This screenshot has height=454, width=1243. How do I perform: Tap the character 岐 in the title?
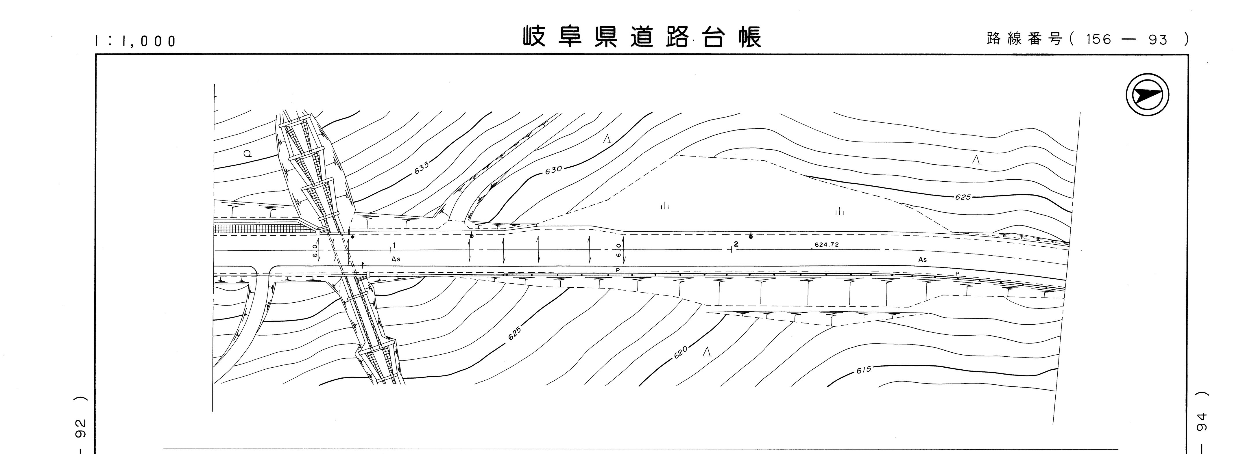point(535,37)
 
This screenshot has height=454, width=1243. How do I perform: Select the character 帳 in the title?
point(750,37)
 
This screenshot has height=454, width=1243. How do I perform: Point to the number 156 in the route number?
point(1099,40)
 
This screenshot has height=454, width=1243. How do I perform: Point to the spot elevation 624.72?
point(827,245)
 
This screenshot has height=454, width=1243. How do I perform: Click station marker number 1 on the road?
point(394,245)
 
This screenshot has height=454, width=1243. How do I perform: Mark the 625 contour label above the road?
point(963,197)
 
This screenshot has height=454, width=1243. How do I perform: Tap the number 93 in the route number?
point(1158,40)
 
